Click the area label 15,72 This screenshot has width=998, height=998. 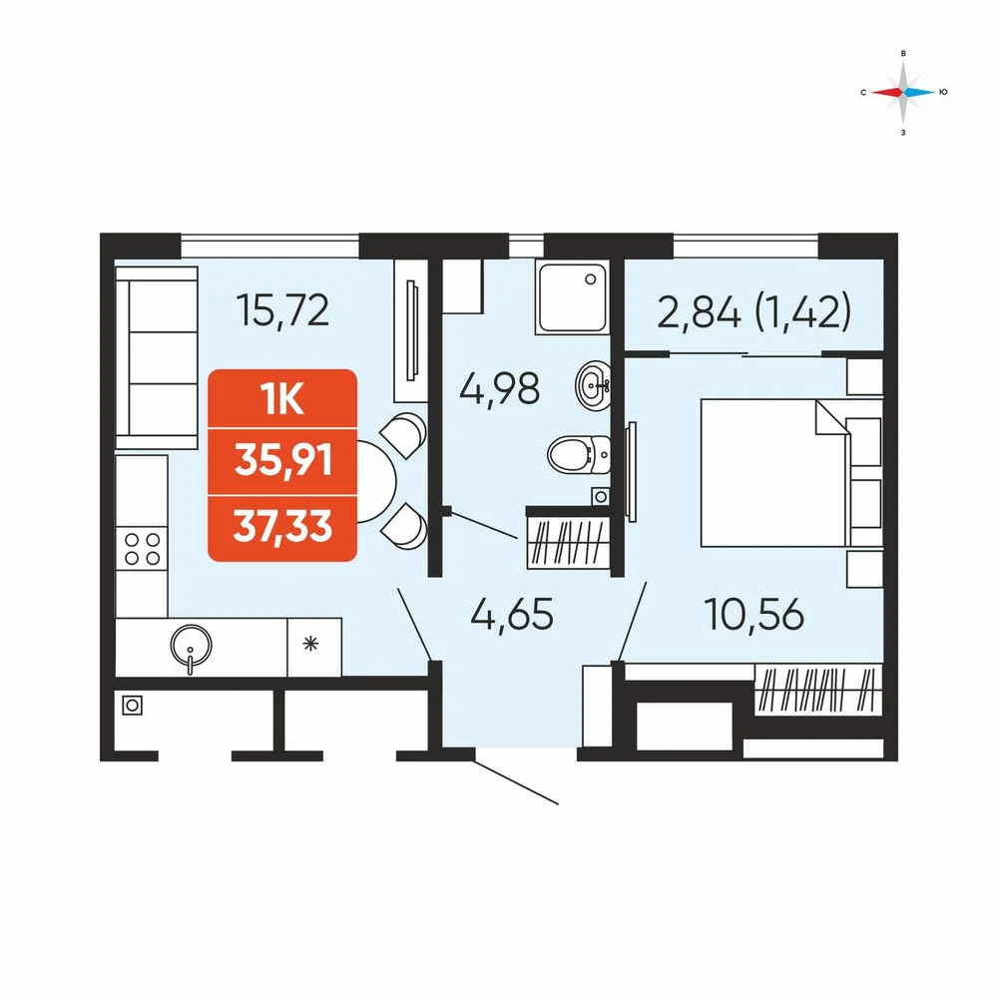[282, 310]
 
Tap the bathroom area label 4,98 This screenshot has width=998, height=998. [500, 388]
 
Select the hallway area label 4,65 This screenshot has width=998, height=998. [512, 615]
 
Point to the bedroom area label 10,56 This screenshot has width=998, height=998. [754, 615]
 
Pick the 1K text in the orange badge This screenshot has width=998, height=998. [282, 400]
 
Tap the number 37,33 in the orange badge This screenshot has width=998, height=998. [283, 526]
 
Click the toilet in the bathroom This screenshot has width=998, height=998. [579, 454]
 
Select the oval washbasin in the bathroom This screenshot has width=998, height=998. [593, 385]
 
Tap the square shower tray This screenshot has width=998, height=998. [571, 296]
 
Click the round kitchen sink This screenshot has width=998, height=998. [191, 646]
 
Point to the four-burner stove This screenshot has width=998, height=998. [142, 549]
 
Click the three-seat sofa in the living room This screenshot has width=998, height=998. [157, 358]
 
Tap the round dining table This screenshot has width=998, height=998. [377, 482]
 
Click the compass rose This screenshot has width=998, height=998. [903, 92]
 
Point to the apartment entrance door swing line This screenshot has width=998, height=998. [516, 782]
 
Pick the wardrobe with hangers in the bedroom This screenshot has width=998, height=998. [818, 689]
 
